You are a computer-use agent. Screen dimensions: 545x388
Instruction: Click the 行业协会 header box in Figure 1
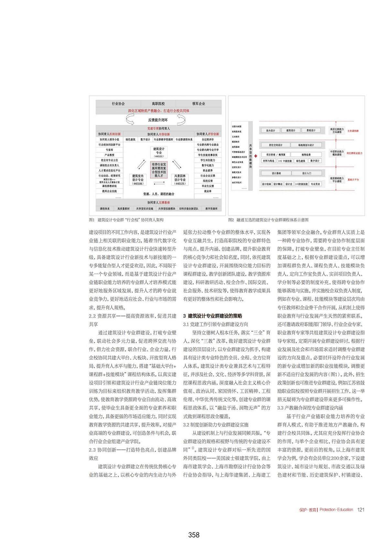118,104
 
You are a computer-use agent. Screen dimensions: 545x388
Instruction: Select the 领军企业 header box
199,104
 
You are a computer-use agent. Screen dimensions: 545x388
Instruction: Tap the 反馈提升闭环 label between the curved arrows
158,120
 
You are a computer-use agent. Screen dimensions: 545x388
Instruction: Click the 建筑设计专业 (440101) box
159,152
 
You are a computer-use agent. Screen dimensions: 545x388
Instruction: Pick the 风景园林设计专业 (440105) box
180,180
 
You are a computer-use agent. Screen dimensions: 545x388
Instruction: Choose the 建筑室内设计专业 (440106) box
138,180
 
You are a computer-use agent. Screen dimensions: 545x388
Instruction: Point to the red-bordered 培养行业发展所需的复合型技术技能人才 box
159,170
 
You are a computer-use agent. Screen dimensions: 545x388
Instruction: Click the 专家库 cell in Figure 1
109,150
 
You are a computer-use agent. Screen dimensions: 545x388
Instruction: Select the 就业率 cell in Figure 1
208,191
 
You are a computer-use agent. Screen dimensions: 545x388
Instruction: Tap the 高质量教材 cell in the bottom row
124,209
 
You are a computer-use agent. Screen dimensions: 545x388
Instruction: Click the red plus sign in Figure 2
256,156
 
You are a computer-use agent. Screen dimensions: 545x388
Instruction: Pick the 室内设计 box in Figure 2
270,131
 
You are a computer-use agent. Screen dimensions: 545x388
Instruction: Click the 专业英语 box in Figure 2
315,184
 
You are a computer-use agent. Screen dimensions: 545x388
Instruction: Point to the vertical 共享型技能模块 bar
250,156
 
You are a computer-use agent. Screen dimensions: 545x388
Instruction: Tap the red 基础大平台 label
353,180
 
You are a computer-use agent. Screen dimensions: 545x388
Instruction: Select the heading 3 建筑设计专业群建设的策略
212,316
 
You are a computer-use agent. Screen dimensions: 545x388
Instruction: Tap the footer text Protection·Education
336,510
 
